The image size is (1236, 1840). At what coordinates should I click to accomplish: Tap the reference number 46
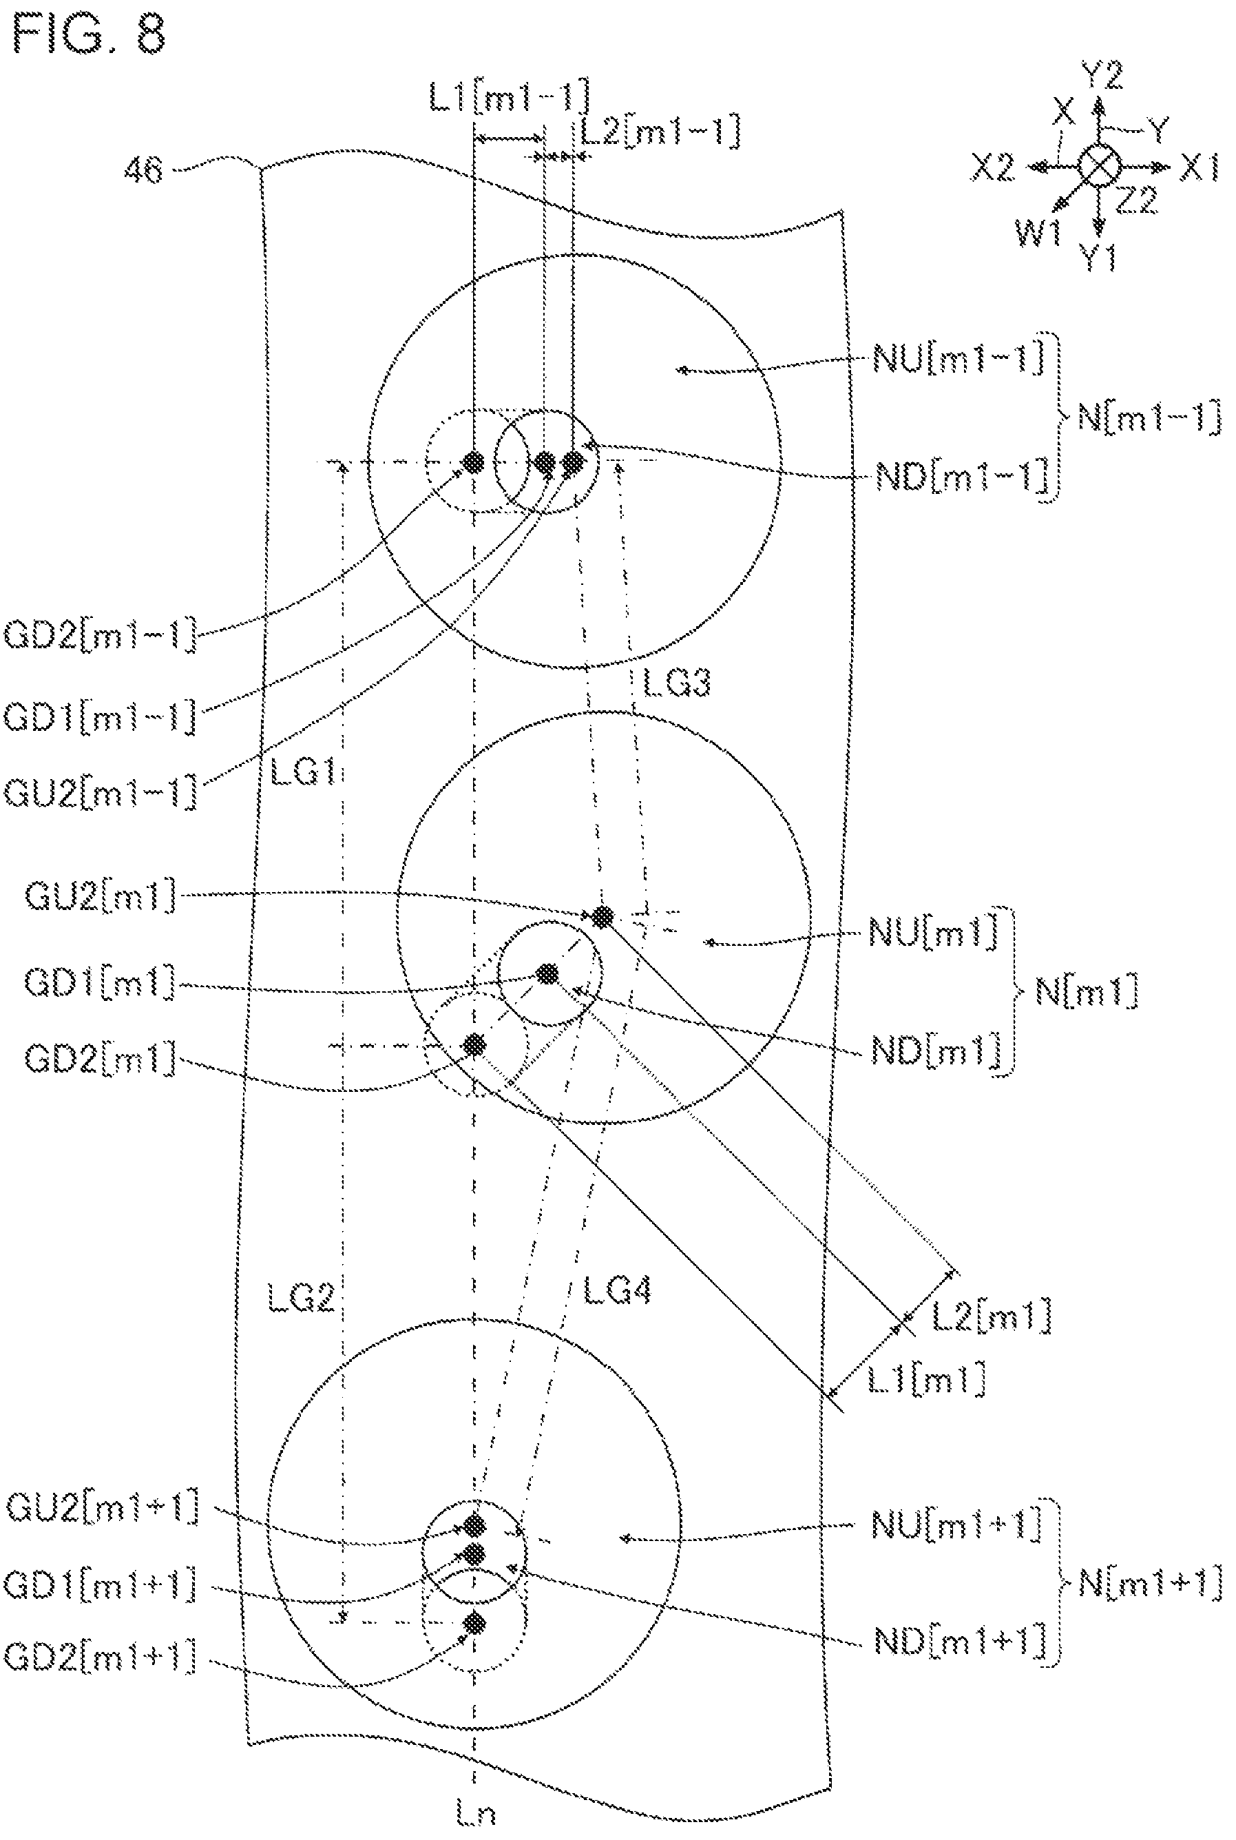pos(143,169)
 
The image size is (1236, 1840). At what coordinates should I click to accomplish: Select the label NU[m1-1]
pos(959,360)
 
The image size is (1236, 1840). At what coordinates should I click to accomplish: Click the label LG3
pos(676,682)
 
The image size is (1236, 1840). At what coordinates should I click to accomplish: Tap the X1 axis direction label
pos(1200,168)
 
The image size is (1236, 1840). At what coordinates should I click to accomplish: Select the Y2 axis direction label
pos(1102,76)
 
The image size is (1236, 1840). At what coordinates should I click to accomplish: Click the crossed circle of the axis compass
pos(1100,167)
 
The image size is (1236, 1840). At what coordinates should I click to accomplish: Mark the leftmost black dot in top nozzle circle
pos(473,462)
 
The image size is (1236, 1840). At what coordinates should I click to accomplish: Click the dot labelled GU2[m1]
pos(603,916)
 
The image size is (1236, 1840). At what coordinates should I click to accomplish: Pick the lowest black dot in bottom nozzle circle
pos(474,1622)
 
